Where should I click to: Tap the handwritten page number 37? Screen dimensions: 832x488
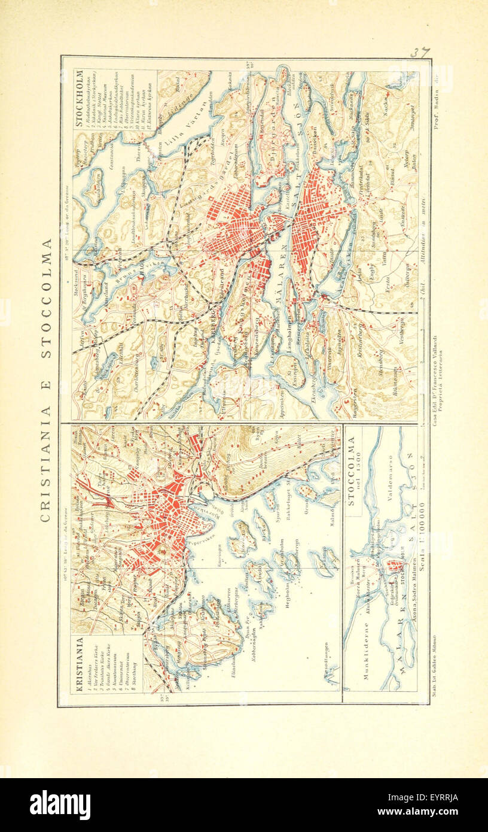point(418,53)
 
